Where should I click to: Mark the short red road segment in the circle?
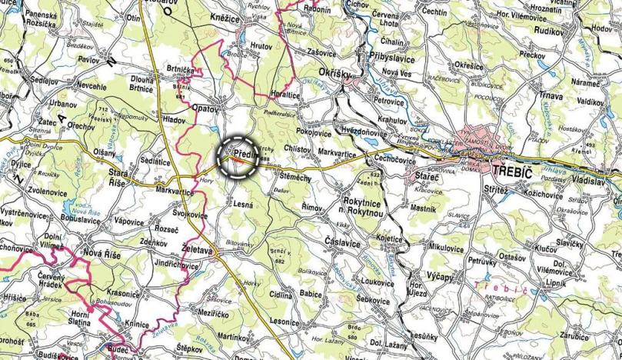click(241, 162)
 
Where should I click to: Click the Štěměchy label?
click(291, 178)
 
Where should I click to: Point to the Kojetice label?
click(388, 239)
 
